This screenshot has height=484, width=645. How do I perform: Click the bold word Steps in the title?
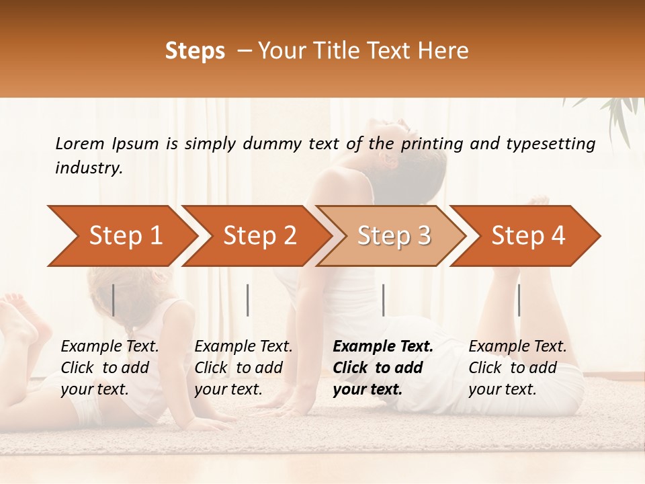195,51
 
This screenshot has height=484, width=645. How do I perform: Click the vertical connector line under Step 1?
114,300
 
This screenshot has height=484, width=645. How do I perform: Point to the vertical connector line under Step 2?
248,300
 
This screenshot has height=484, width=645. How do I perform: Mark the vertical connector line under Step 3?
383,300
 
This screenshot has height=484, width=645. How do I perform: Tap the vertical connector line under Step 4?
519,300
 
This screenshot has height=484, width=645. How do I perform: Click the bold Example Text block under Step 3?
383,368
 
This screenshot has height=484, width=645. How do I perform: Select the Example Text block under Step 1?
110,368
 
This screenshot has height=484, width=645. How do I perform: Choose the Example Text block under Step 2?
244,368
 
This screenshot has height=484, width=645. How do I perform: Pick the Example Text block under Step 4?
517,368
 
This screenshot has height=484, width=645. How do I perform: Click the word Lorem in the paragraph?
80,143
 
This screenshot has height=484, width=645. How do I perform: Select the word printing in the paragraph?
433,144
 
